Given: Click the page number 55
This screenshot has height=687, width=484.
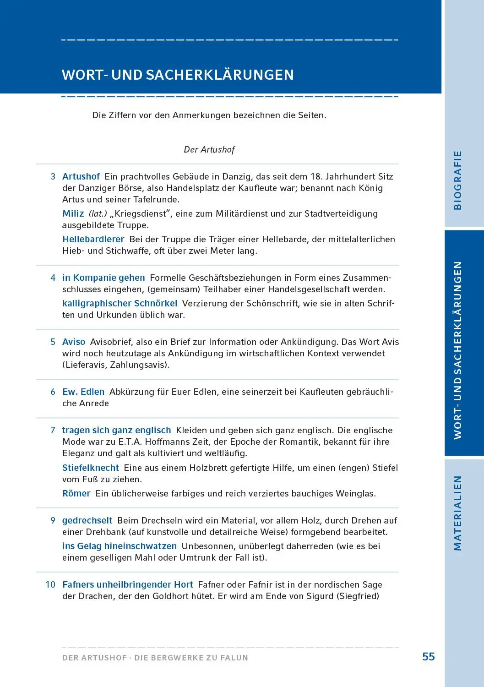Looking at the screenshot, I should (x=428, y=657).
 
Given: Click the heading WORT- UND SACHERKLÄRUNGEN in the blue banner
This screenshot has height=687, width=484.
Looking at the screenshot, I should (x=178, y=75).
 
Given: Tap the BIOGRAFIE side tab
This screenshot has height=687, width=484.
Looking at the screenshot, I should (x=457, y=180).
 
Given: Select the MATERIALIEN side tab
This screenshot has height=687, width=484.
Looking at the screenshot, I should (x=457, y=513).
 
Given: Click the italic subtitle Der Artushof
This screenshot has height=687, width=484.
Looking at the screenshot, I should (x=209, y=149).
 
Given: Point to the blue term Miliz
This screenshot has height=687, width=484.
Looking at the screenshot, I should (x=73, y=213).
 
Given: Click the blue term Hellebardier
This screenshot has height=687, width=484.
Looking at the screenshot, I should (x=93, y=239).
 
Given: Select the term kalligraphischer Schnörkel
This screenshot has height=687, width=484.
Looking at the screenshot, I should (x=120, y=303).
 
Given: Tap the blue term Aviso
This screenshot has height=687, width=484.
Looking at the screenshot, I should (x=74, y=342).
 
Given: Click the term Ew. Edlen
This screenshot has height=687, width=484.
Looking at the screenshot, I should (x=83, y=392).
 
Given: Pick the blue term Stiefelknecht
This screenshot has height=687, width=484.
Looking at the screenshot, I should (x=90, y=468).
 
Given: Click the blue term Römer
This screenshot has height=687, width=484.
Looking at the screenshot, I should (x=76, y=493).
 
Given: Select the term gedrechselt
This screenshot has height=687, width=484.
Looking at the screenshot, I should (x=87, y=520).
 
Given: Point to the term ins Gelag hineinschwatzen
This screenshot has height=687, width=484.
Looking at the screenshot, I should (x=119, y=546).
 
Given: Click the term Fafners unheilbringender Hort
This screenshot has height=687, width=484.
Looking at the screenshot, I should (x=127, y=584).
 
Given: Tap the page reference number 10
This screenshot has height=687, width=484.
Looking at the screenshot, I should (x=50, y=584).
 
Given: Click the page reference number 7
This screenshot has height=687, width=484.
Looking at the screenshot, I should (x=53, y=430).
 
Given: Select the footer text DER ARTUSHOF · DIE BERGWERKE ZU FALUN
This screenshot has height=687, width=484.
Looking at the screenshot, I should (x=155, y=658).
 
